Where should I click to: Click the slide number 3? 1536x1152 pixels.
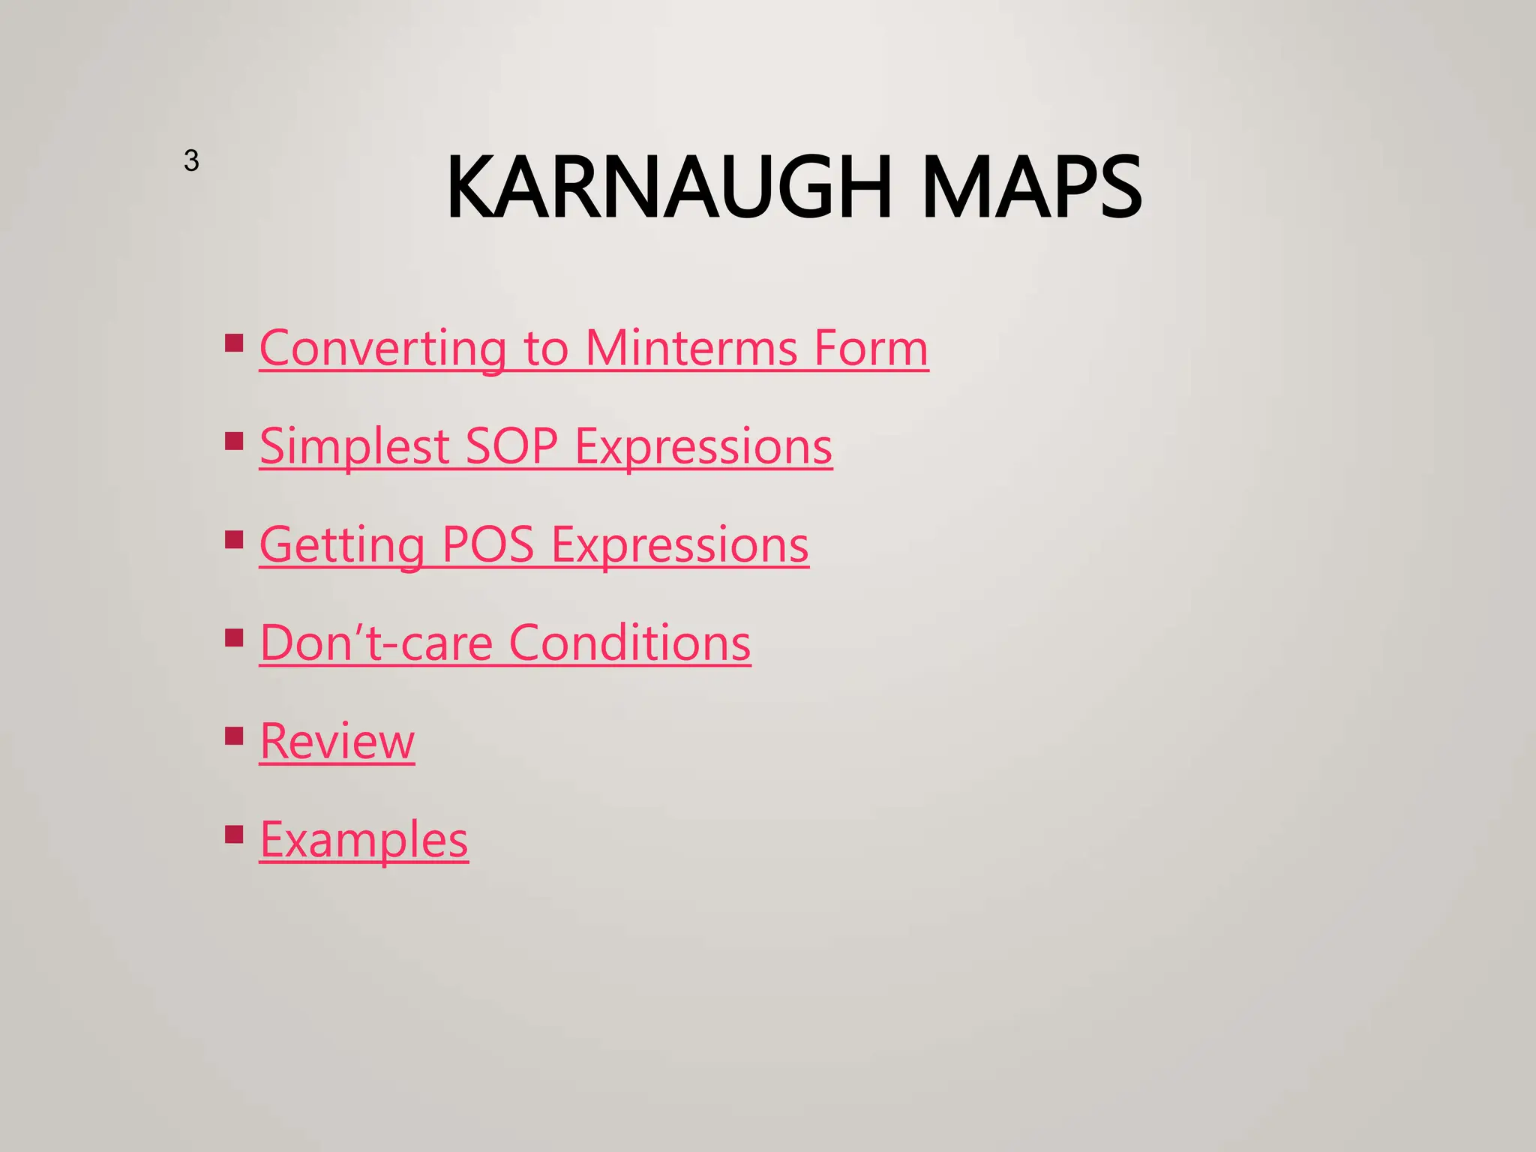(191, 160)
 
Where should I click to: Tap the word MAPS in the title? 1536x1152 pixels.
(1031, 187)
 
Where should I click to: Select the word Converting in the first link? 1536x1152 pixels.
(382, 349)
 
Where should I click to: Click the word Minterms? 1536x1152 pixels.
(691, 349)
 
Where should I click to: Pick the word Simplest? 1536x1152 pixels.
(354, 447)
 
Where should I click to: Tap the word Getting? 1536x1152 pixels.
(342, 545)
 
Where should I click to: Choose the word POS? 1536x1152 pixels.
(487, 545)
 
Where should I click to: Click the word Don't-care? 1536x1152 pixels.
(376, 643)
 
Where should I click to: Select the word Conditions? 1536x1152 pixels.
(629, 643)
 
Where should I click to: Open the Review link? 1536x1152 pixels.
(337, 742)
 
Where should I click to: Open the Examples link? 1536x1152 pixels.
(364, 840)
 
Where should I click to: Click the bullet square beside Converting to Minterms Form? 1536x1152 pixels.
(234, 343)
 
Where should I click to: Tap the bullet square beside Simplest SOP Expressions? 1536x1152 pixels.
(234, 441)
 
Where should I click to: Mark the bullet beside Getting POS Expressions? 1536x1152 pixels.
(234, 540)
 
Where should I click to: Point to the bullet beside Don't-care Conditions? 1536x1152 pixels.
(234, 638)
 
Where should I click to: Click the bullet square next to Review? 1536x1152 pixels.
(234, 736)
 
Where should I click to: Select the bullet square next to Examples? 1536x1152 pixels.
(234, 835)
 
